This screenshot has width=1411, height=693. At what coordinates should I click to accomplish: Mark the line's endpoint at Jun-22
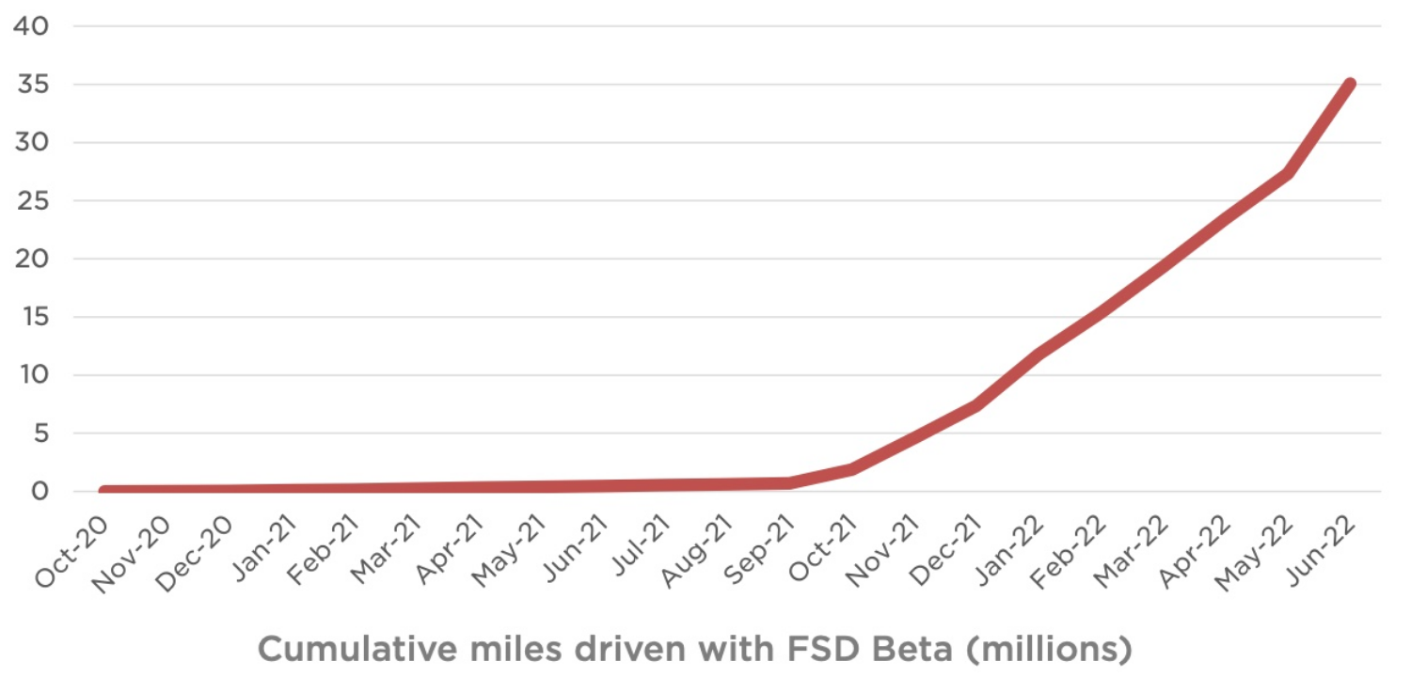[x=1350, y=85]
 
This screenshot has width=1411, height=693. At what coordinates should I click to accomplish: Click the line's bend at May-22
[x=1287, y=173]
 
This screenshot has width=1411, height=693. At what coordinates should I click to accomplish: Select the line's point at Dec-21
[x=975, y=405]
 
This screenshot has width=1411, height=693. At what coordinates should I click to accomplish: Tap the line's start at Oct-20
[x=103, y=491]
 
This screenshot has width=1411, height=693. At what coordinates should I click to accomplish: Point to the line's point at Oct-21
[x=852, y=468]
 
